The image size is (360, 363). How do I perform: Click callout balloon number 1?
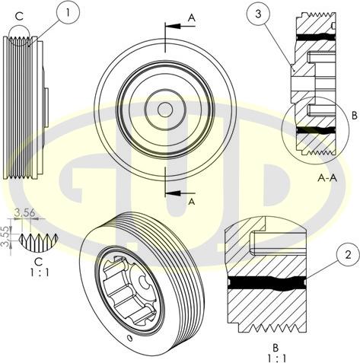point(69,11)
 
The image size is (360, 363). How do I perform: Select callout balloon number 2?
point(347,256)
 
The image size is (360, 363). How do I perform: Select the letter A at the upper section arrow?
point(191,15)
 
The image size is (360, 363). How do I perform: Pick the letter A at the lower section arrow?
point(192,202)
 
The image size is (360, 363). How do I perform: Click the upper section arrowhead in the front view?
point(170,26)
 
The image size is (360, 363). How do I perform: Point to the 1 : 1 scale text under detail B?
point(278,356)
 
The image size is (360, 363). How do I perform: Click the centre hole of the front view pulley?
point(164,109)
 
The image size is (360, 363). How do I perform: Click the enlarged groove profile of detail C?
point(37,242)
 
